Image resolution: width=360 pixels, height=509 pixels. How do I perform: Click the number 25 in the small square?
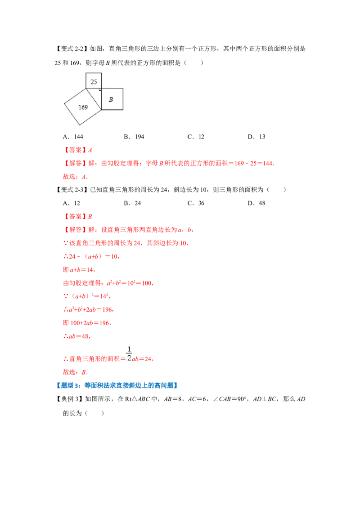coord(94,82)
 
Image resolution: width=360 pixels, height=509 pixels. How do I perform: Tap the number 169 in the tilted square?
coord(83,107)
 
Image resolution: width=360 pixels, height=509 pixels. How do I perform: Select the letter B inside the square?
coord(111,100)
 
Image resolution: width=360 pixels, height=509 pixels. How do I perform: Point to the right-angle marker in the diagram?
coord(100,89)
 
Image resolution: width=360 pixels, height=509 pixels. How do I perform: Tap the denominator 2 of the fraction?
coord(128,358)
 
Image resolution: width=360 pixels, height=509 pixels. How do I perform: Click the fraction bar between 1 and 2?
coord(128,353)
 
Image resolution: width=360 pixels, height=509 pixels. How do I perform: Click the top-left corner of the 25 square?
coord(86,73)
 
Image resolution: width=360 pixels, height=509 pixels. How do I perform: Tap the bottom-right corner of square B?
coord(123,110)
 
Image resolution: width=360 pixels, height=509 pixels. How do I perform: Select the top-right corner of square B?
coord(123,88)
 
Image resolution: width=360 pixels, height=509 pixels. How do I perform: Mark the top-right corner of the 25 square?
coord(101,73)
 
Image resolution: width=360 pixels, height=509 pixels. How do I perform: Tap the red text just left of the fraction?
coord(92,360)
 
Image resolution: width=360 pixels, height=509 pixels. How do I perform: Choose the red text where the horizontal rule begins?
coord(76,336)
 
